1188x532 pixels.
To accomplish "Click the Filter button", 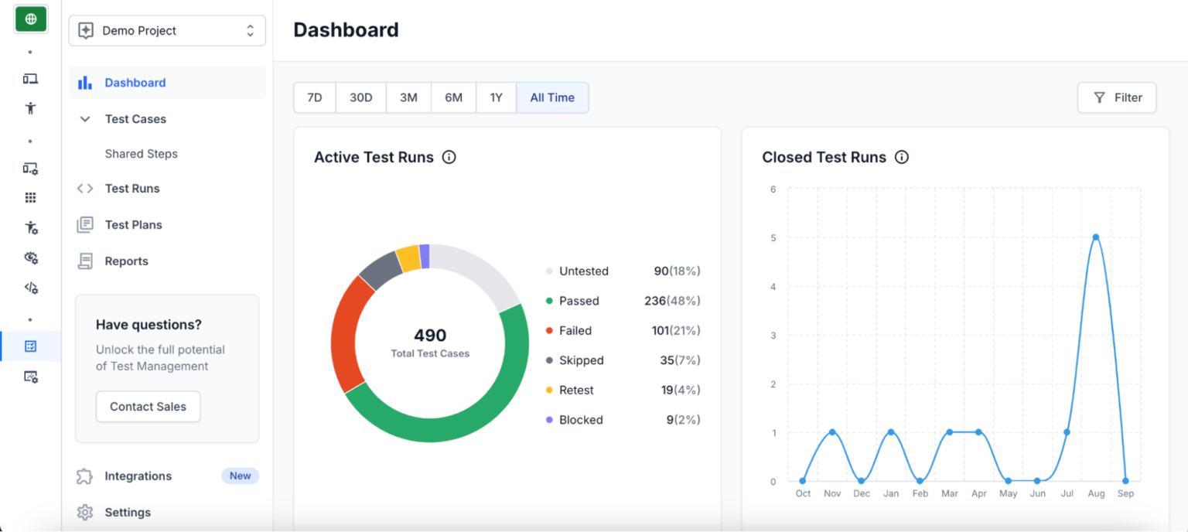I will (1117, 97).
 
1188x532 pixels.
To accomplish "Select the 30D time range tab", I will (361, 97).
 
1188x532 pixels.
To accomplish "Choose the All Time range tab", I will (552, 97).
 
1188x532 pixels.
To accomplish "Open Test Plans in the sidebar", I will (133, 225).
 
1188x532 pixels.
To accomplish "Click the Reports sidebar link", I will (126, 261).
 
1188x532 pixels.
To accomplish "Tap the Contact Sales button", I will (148, 407).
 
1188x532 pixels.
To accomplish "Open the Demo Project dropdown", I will (167, 31).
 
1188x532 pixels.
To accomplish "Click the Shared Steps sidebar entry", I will (141, 154).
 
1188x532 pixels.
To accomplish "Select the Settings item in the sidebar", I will (128, 512).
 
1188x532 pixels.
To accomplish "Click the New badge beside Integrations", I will (240, 476).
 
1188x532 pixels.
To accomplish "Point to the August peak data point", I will (1096, 237).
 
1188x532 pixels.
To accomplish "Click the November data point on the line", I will (832, 432).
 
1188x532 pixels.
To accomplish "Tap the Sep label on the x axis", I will (1125, 493).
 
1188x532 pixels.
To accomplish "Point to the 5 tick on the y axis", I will (772, 238).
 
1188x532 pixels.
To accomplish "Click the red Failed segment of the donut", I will (347, 332).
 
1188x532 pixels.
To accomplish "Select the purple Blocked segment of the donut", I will (425, 256).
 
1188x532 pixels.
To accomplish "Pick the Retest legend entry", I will (576, 390).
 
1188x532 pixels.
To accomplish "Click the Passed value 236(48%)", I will (671, 301).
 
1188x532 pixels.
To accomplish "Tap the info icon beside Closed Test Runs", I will (901, 157).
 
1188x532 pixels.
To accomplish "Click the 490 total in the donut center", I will (430, 336).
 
